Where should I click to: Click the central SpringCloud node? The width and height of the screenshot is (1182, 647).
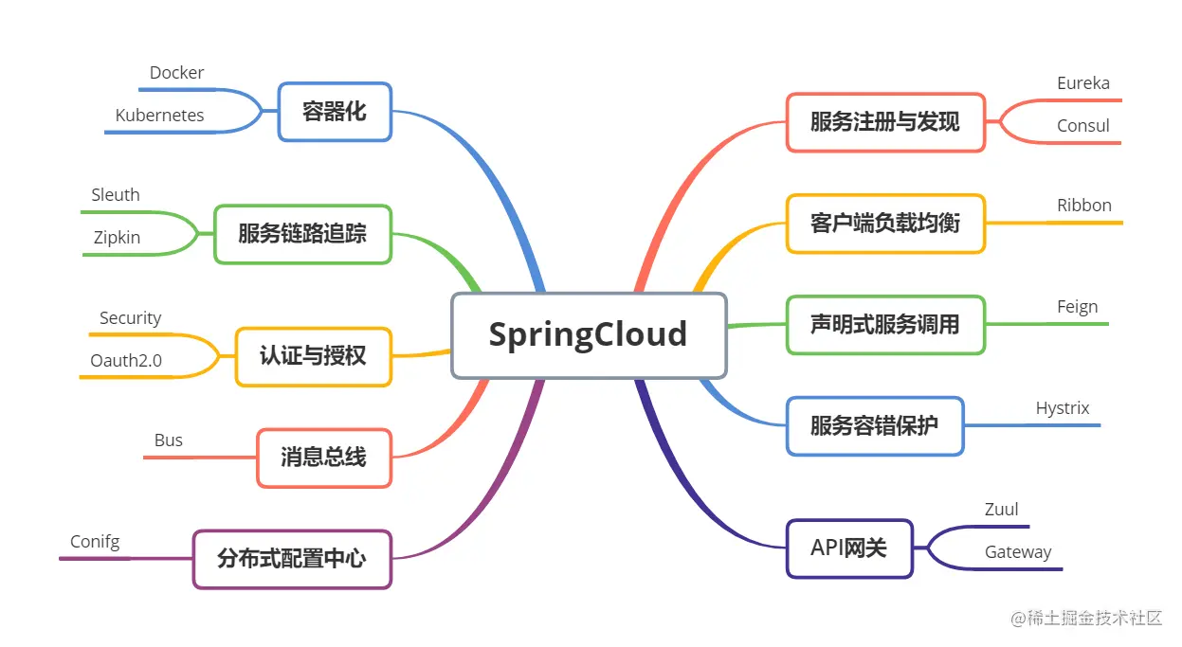[x=588, y=335]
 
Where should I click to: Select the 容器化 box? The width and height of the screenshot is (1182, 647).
[x=335, y=112]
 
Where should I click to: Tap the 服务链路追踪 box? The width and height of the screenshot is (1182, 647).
[x=302, y=234]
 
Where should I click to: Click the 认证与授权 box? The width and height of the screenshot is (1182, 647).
[x=313, y=356]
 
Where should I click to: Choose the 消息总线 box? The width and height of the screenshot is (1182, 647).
[x=323, y=458]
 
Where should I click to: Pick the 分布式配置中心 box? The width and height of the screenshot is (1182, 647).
[x=292, y=559]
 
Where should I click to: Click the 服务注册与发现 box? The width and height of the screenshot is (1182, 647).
[x=885, y=122]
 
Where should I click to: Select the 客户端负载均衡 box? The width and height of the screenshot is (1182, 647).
[x=885, y=224]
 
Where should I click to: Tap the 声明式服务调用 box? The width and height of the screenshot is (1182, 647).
[x=885, y=325]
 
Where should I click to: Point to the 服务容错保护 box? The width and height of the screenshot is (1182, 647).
[x=875, y=425]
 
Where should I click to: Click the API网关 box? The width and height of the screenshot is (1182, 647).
[x=849, y=548]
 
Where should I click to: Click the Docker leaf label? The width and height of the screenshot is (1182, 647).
[x=177, y=73]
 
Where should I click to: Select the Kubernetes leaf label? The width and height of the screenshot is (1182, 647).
[x=160, y=116]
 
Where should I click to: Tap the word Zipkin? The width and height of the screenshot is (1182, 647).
[x=117, y=238]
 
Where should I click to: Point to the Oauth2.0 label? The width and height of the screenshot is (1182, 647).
[x=126, y=361]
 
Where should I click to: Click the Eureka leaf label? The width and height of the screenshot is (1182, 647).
[x=1083, y=83]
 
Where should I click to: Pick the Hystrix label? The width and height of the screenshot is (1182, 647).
[x=1063, y=408]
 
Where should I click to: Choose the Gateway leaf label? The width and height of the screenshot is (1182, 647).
[x=1018, y=552]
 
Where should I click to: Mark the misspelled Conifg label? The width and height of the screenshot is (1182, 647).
[x=95, y=542]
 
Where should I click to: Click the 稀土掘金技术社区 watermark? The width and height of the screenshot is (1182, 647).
[x=1086, y=618]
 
